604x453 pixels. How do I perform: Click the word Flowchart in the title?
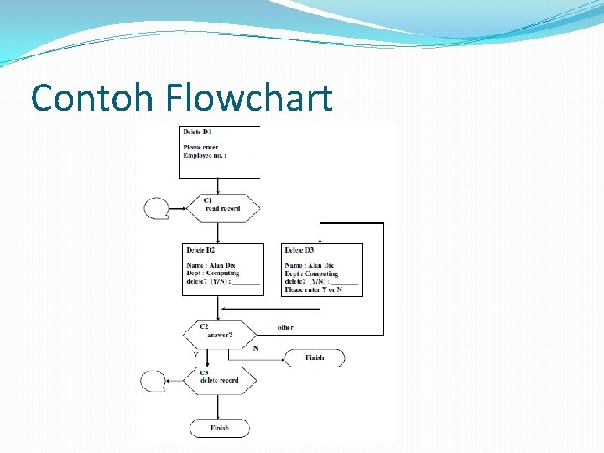(x=249, y=98)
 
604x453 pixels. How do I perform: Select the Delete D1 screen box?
(x=219, y=151)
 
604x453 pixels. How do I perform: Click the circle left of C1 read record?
(x=156, y=207)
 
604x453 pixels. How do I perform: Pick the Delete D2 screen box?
(x=222, y=268)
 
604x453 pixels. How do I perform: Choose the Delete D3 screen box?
(x=322, y=269)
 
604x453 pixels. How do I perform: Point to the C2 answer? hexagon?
(x=218, y=334)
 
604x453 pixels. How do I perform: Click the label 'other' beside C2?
(x=285, y=327)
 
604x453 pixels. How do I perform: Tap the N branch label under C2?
(x=255, y=347)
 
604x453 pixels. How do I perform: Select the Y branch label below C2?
(x=195, y=355)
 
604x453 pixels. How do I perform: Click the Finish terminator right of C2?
(x=314, y=358)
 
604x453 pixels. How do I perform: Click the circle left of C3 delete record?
(x=153, y=381)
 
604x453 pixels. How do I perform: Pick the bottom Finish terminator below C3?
(x=219, y=428)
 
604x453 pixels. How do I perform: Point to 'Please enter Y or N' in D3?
(x=314, y=289)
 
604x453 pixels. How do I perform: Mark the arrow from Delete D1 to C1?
(x=219, y=186)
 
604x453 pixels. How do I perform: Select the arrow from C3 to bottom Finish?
(x=219, y=406)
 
